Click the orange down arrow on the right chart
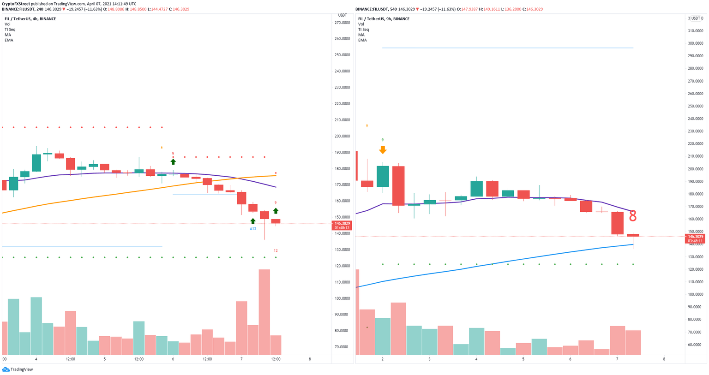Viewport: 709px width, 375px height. (x=382, y=150)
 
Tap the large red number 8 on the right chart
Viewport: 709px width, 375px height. (x=632, y=216)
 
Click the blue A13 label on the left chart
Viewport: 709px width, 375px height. (x=253, y=229)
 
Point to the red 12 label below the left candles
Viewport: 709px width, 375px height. (x=276, y=250)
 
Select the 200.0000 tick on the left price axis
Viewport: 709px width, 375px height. (x=342, y=136)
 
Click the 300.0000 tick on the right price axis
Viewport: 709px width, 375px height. (x=695, y=43)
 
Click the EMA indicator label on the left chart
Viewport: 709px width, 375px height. (x=9, y=40)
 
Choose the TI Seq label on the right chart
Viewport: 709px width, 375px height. (x=363, y=30)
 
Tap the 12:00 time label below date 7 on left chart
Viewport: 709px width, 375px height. (x=276, y=359)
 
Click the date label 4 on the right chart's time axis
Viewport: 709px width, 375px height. (x=476, y=359)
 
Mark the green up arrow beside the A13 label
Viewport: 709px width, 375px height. (x=253, y=221)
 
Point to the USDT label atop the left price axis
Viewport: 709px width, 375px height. (x=342, y=15)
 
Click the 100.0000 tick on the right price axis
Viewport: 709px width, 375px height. (x=695, y=294)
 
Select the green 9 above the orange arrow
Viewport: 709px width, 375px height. (x=382, y=140)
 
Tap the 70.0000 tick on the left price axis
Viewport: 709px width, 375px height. (x=342, y=347)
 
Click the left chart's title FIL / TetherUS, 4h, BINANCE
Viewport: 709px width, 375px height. (x=30, y=19)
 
